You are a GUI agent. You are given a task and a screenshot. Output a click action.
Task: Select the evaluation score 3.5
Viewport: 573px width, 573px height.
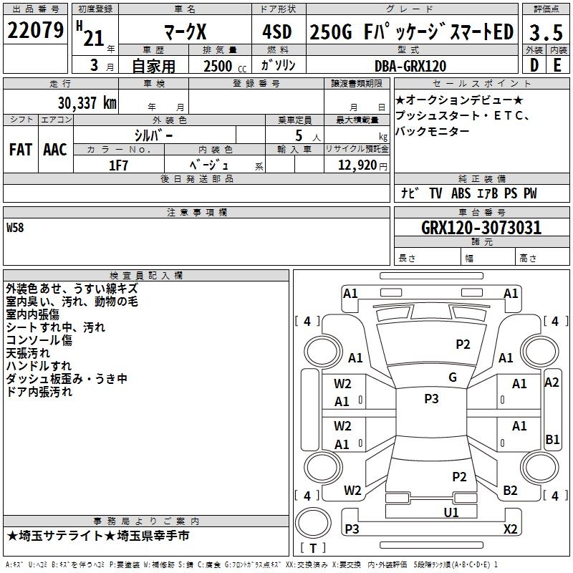coord(544,32)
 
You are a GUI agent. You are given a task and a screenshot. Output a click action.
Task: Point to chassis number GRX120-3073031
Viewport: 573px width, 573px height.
coord(481,228)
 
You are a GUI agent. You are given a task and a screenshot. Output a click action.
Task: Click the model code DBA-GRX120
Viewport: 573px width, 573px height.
coord(410,66)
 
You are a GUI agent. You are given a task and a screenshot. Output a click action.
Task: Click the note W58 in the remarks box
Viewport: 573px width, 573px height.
coord(15,228)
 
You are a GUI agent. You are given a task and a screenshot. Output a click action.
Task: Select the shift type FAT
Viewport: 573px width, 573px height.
coord(20,150)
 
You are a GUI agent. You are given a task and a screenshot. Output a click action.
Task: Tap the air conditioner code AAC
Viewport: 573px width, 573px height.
coord(54,150)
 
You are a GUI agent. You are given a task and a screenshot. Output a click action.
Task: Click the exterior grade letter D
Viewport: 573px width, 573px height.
coord(534,65)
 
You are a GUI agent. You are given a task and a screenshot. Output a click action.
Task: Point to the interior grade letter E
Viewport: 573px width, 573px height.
coord(557,65)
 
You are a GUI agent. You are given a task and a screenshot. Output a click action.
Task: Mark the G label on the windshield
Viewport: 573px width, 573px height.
coord(453,377)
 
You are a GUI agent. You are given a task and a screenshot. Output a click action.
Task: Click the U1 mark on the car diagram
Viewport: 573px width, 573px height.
coord(451,512)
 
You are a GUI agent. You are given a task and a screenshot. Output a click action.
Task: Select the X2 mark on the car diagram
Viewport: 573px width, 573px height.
coord(511,529)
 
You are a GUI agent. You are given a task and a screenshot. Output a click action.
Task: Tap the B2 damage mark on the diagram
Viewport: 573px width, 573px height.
coord(510,491)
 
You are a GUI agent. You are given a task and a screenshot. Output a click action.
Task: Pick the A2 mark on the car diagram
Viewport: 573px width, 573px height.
coord(552,382)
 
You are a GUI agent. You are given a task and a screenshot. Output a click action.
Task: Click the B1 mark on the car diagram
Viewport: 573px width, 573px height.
coord(552,440)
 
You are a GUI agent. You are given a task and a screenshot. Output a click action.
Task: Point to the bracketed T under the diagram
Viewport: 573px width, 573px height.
coord(312,548)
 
